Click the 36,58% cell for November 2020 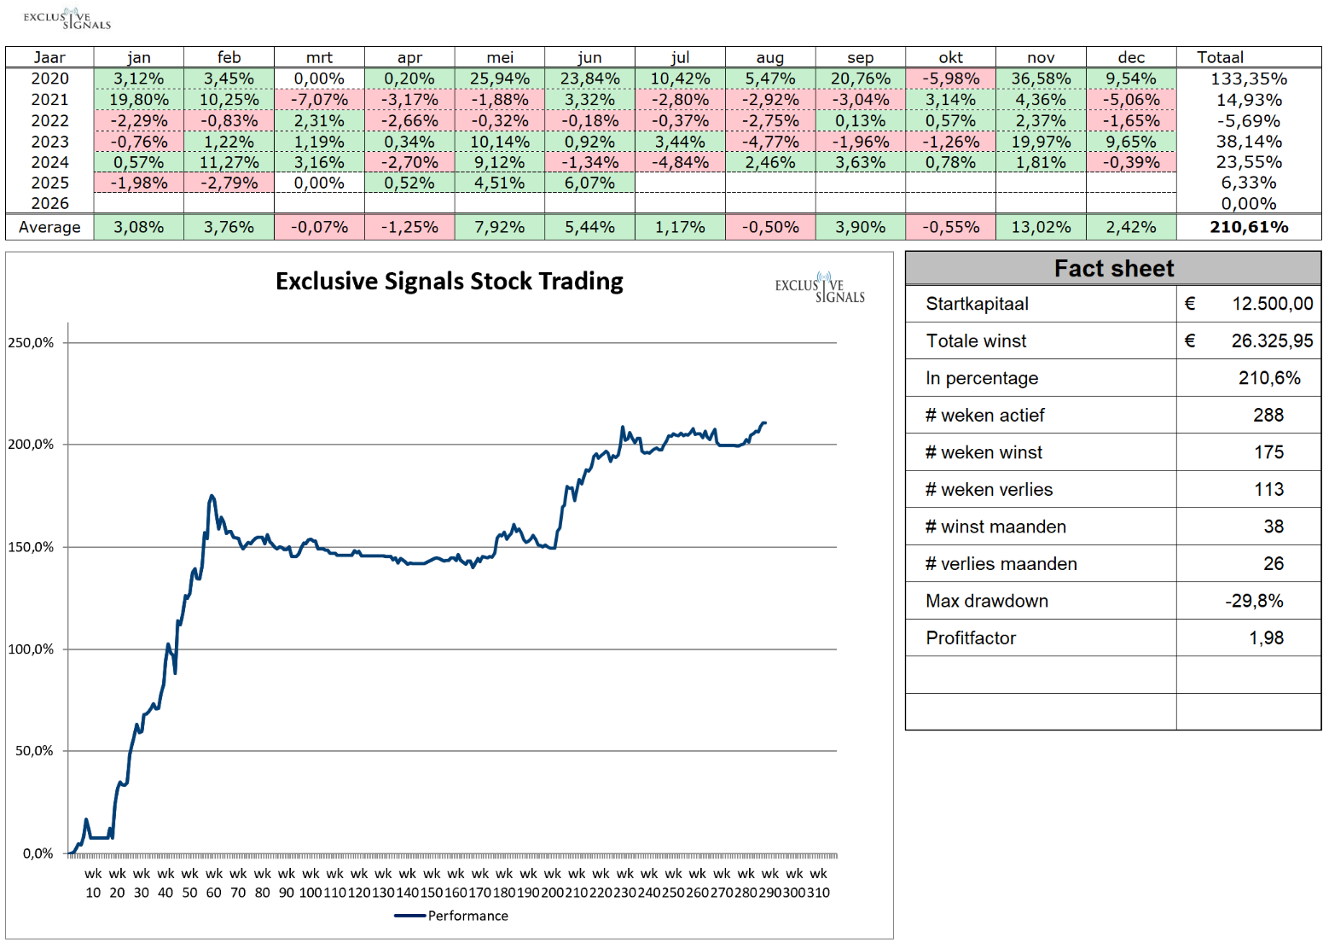point(1041,79)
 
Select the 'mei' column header point(500,57)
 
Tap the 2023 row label point(49,142)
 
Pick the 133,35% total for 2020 point(1248,79)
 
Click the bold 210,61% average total point(1248,227)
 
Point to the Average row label point(49,227)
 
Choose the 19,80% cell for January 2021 point(139,100)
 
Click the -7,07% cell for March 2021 point(319,100)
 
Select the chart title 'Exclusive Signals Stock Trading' point(450,282)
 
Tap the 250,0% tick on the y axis point(31,343)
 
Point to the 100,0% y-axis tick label point(31,649)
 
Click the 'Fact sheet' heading point(1113,269)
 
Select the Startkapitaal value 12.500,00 point(1272,304)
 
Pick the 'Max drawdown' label point(987,601)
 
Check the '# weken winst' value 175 point(1268,452)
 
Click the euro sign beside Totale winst point(1190,341)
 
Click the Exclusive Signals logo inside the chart point(820,288)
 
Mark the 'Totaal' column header point(1220,57)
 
